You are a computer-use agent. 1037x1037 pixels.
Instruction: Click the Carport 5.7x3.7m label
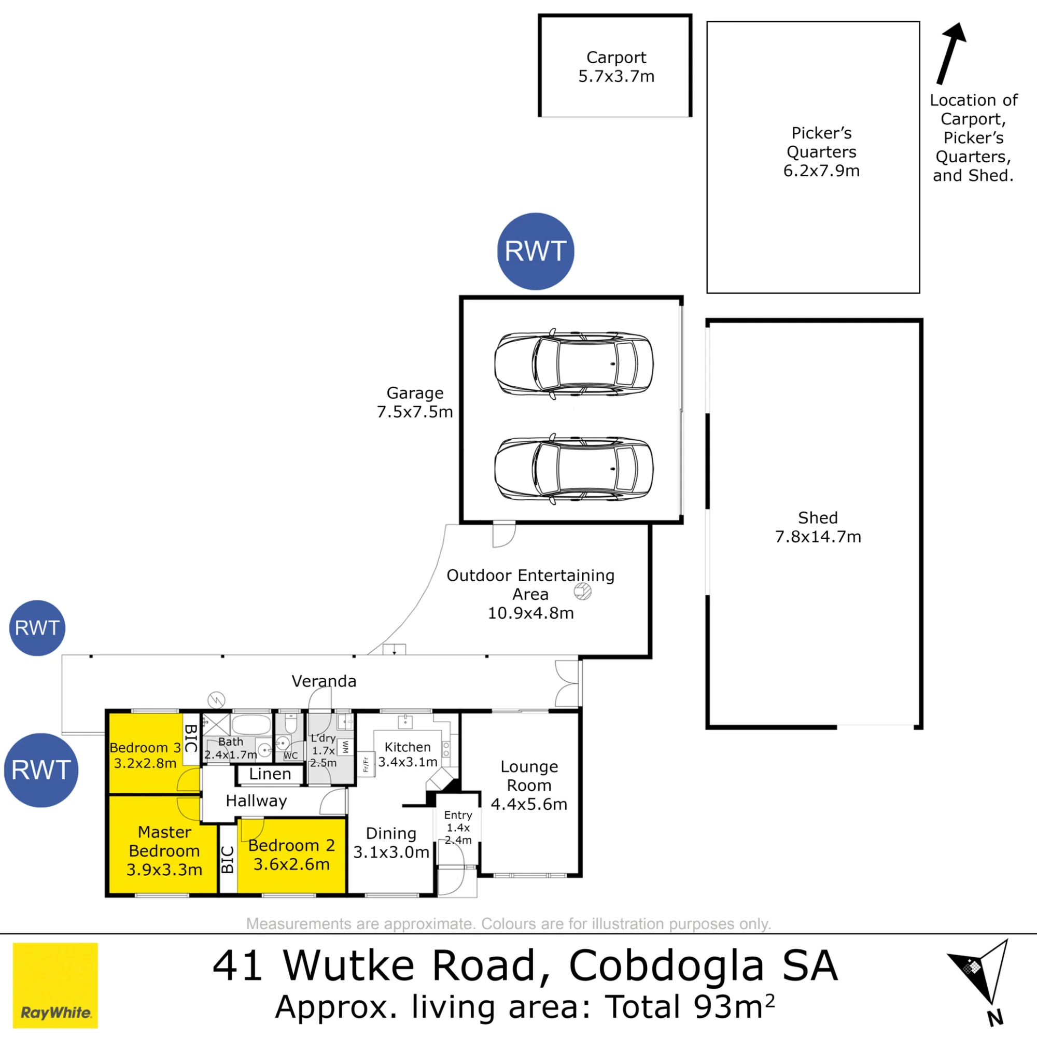[616, 67]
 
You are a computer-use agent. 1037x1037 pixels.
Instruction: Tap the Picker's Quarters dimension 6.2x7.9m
[821, 171]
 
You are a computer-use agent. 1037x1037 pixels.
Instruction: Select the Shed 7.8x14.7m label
[818, 527]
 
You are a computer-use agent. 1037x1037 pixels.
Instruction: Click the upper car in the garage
[574, 364]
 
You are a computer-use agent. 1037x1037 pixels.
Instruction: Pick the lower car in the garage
[574, 469]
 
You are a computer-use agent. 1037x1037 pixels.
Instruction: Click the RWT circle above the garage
[536, 251]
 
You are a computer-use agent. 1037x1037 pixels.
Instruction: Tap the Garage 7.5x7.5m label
[415, 402]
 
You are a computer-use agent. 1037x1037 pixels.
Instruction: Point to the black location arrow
[951, 54]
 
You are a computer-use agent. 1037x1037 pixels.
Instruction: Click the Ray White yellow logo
[55, 986]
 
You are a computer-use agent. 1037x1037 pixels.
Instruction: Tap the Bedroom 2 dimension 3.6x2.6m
[291, 864]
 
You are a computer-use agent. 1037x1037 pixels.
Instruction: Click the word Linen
[270, 774]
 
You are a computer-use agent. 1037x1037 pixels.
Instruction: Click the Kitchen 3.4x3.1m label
[408, 754]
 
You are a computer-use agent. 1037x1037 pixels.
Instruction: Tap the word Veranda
[324, 681]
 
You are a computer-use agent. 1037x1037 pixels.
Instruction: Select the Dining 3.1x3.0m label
[391, 843]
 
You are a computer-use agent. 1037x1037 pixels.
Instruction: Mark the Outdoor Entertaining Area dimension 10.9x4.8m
[530, 613]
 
